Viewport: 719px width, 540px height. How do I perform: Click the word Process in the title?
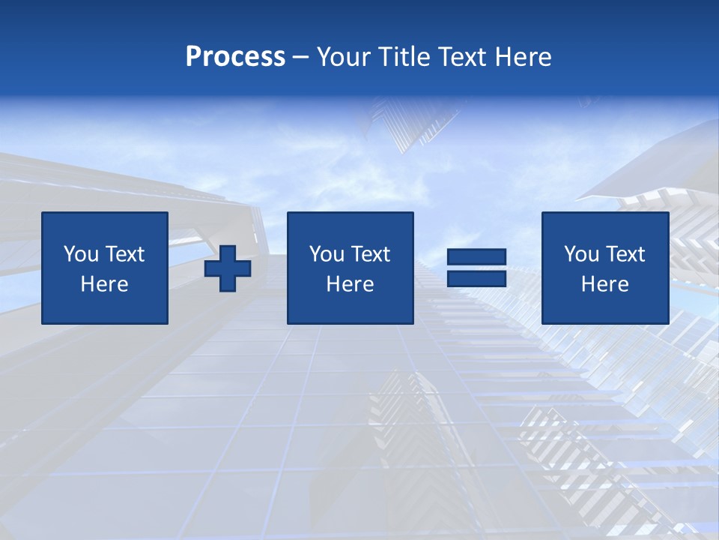click(235, 57)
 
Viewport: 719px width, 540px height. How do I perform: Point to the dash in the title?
click(300, 58)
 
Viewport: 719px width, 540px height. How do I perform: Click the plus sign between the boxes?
click(228, 268)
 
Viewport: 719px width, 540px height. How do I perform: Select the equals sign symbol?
click(476, 268)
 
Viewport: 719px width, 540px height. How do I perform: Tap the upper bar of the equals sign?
click(476, 257)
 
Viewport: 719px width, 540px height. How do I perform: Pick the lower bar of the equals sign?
click(476, 278)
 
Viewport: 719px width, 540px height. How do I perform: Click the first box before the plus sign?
click(105, 268)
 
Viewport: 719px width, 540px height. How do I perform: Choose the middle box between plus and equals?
click(350, 268)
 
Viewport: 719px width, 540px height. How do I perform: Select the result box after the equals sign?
click(604, 268)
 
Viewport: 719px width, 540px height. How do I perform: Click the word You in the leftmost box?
click(80, 254)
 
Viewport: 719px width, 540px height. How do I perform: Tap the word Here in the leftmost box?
click(105, 284)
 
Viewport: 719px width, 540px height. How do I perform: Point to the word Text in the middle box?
click(369, 254)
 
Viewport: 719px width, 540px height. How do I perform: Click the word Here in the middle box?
click(350, 284)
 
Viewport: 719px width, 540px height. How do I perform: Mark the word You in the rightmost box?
click(580, 254)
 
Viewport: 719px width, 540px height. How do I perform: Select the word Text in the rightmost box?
click(624, 254)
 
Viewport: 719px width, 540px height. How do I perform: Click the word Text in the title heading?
click(461, 57)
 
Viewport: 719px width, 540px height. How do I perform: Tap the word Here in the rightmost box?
click(604, 284)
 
